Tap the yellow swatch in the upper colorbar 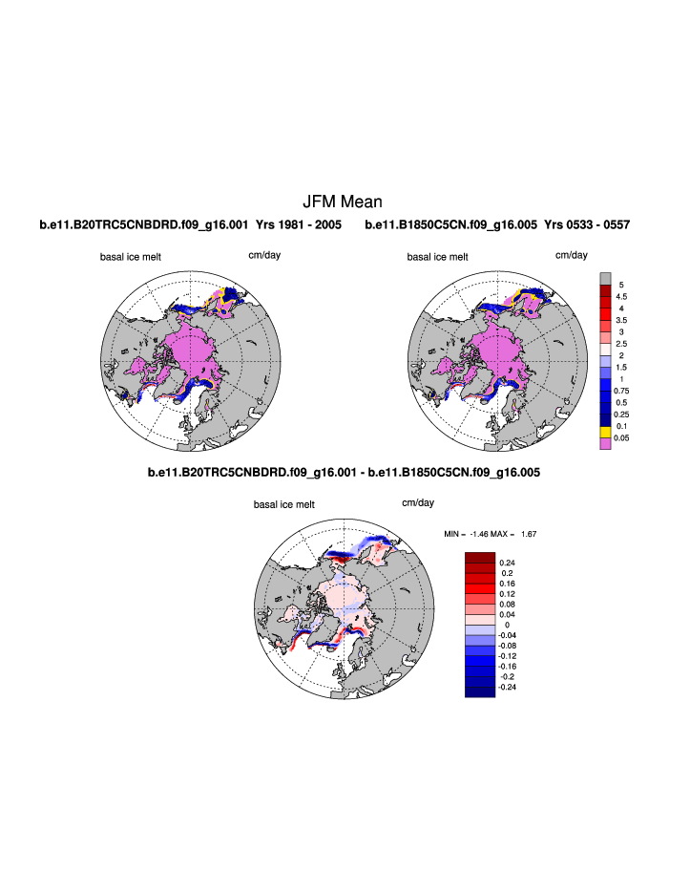pyautogui.click(x=604, y=432)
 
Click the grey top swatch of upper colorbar pyautogui.click(x=604, y=278)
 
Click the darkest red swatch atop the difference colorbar pyautogui.click(x=480, y=558)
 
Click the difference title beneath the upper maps pyautogui.click(x=344, y=472)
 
